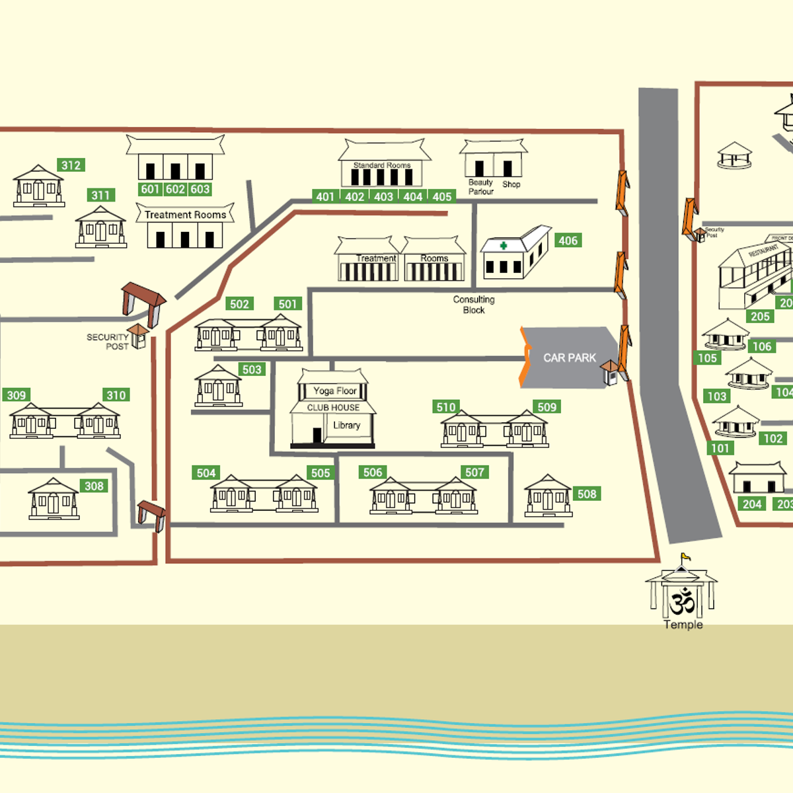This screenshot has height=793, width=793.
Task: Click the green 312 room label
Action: pyautogui.click(x=71, y=165)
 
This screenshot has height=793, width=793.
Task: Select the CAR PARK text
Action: pyautogui.click(x=569, y=358)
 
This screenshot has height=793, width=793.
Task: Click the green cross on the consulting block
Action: pyautogui.click(x=504, y=246)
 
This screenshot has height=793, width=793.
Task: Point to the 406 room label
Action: pyautogui.click(x=568, y=241)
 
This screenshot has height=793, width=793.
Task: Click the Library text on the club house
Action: pyautogui.click(x=346, y=425)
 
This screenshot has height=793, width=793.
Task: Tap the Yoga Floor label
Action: pyautogui.click(x=334, y=391)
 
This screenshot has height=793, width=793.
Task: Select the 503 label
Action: pyautogui.click(x=251, y=369)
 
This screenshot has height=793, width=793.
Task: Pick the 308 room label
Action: pyautogui.click(x=94, y=486)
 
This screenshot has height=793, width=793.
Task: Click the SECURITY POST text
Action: pyautogui.click(x=108, y=341)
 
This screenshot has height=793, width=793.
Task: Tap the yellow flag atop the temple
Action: pyautogui.click(x=686, y=556)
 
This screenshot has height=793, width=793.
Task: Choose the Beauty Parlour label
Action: pyautogui.click(x=480, y=186)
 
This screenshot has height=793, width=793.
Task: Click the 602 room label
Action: pyautogui.click(x=175, y=189)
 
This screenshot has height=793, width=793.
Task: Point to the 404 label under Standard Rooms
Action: pyautogui.click(x=412, y=196)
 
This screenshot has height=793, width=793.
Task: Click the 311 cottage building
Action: pyautogui.click(x=100, y=227)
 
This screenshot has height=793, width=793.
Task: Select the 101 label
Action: pyautogui.click(x=720, y=448)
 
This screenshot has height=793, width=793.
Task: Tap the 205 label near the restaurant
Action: pyautogui.click(x=760, y=316)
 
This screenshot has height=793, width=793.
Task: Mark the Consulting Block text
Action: pyautogui.click(x=473, y=305)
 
